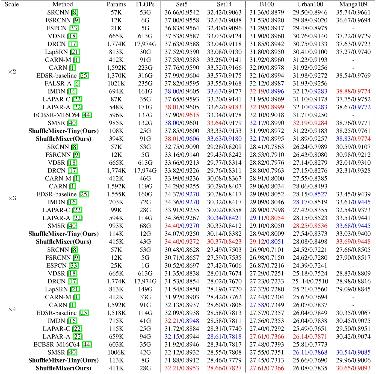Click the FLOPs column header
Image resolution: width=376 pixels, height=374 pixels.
click(145, 4)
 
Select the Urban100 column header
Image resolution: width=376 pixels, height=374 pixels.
click(310, 4)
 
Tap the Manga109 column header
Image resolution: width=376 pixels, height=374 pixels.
click(353, 4)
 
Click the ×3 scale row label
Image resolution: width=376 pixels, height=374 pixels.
click(12, 198)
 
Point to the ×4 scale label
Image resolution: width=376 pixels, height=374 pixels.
click(12, 309)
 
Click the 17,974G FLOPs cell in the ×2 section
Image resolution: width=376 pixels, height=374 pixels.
click(145, 44)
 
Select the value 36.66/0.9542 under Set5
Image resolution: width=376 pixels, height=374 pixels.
click(182, 12)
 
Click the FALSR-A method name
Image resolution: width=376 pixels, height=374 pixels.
click(58, 84)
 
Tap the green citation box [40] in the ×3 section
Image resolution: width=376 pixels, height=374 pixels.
click(72, 226)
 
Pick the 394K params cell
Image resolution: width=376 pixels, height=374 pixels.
click(116, 139)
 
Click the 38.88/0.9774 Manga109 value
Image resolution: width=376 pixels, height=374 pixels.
click(353, 91)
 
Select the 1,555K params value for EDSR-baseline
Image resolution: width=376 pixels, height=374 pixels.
click(116, 194)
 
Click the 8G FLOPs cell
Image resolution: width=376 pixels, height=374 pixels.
click(145, 360)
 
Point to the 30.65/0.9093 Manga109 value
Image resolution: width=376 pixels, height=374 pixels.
click(353, 368)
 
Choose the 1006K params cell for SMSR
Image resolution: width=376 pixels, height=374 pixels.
click(116, 352)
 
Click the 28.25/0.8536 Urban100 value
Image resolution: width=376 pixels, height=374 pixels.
click(310, 226)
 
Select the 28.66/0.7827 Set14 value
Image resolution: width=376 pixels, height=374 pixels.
click(224, 368)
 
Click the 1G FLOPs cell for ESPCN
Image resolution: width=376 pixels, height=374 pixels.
click(145, 266)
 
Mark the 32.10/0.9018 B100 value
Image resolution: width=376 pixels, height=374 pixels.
click(267, 115)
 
